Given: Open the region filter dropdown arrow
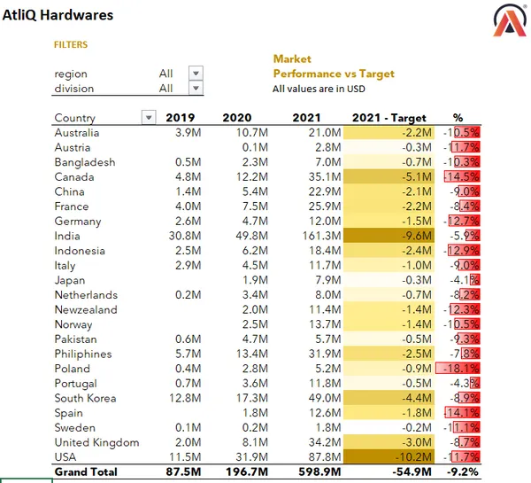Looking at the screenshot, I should (196, 74).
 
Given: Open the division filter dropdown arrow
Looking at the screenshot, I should (196, 89).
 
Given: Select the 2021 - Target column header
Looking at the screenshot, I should (389, 118).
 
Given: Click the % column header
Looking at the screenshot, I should (458, 118).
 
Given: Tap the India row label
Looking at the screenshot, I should (67, 236).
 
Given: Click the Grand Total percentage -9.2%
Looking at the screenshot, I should (460, 472).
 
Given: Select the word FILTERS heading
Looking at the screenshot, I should (71, 44).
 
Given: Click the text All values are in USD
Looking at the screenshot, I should (319, 89).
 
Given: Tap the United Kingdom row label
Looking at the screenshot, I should (96, 442).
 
